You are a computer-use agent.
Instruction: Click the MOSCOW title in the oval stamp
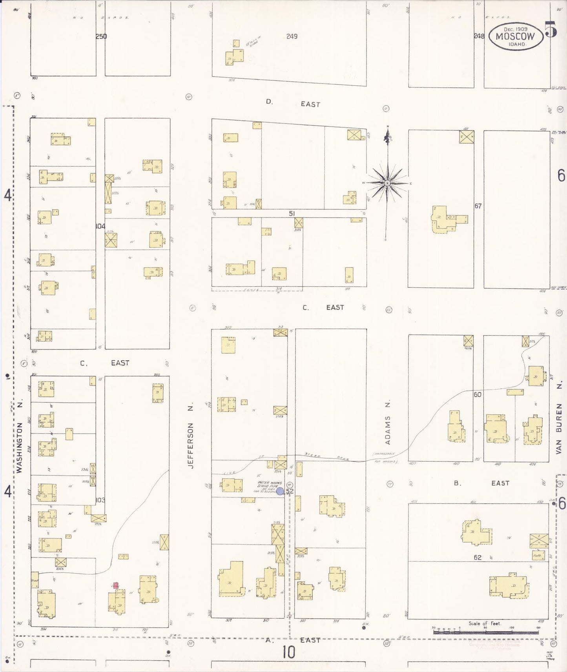click(515, 36)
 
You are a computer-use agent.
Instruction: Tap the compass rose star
click(388, 183)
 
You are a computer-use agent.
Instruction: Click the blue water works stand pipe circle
click(280, 491)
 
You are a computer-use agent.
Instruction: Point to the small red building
click(116, 585)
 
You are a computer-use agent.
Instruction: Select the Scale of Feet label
click(485, 623)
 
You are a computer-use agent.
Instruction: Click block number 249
click(292, 36)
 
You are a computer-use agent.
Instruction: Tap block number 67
click(478, 206)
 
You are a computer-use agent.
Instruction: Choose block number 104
click(100, 226)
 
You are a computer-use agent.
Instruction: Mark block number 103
click(100, 500)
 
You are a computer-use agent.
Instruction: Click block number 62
click(477, 558)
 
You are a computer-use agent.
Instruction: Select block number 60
click(477, 394)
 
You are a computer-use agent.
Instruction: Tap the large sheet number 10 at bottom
click(288, 653)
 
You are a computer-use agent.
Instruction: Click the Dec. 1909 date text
click(515, 29)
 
